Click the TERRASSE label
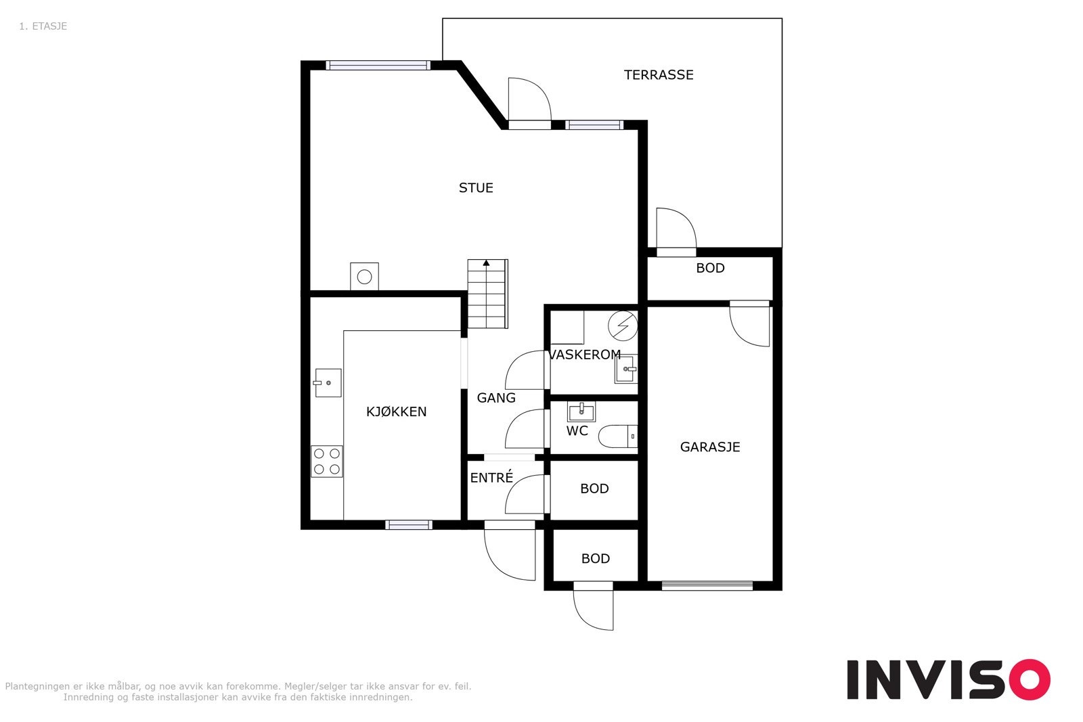(659, 75)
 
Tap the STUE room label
(476, 188)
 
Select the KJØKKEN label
(396, 411)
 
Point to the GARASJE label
(710, 447)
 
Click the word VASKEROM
(584, 355)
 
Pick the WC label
(577, 430)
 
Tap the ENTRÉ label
(491, 478)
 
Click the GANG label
(496, 398)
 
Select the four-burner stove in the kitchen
(327, 461)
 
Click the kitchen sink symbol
(328, 383)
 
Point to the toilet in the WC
(618, 436)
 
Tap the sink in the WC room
(581, 411)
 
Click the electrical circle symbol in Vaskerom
(623, 325)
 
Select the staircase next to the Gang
(487, 294)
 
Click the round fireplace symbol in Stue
(364, 277)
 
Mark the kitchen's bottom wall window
(409, 525)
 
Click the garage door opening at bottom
(707, 586)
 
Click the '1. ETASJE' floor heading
(43, 26)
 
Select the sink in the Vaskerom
(626, 369)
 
